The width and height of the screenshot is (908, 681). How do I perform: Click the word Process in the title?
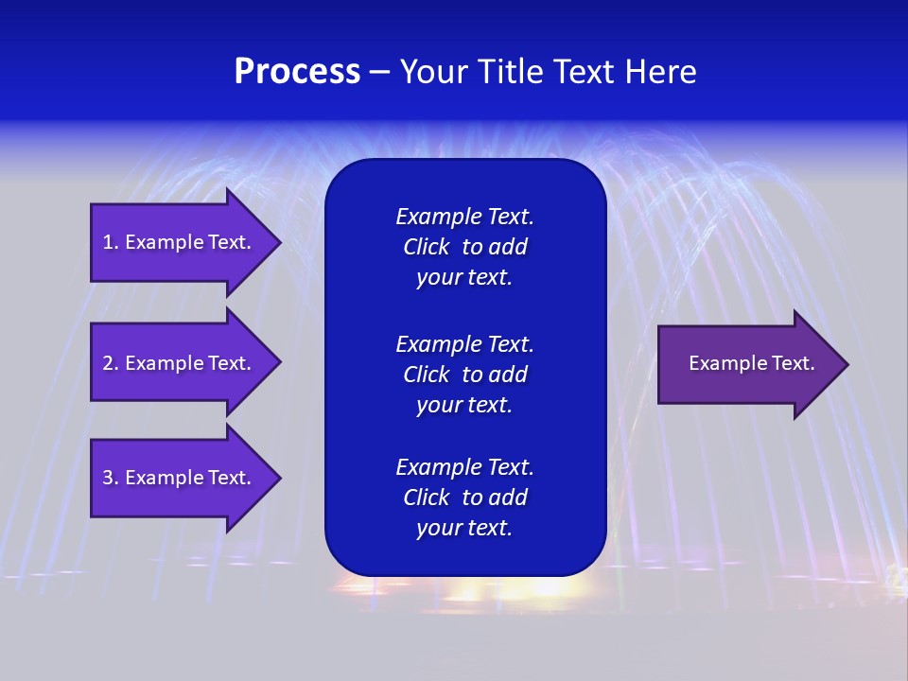click(x=297, y=72)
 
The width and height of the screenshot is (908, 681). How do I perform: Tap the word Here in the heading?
click(x=660, y=72)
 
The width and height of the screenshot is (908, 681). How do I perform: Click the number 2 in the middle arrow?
click(x=109, y=363)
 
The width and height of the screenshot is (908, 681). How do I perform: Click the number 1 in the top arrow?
click(x=109, y=242)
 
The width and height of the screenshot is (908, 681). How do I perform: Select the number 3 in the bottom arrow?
click(x=109, y=478)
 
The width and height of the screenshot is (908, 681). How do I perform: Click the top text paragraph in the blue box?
click(x=464, y=247)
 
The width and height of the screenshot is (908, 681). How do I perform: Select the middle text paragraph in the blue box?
click(x=464, y=375)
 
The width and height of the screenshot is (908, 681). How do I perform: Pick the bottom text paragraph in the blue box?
click(x=464, y=498)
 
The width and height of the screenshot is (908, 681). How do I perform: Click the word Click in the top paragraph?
click(x=426, y=247)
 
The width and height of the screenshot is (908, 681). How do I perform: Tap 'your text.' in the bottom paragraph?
click(x=464, y=528)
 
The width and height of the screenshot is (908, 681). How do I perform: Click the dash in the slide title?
click(x=379, y=73)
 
